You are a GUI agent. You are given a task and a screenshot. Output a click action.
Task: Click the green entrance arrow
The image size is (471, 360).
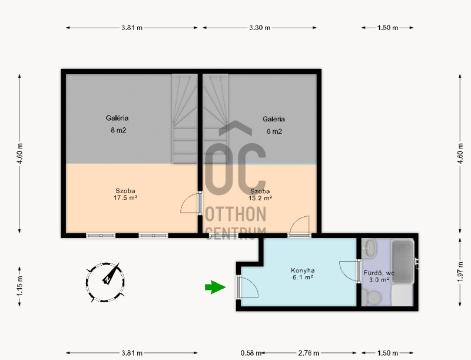[x=215, y=288]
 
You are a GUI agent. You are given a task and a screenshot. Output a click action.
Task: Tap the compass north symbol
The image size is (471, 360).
[x=105, y=282]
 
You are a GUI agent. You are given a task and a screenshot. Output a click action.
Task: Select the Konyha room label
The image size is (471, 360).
[x=303, y=270]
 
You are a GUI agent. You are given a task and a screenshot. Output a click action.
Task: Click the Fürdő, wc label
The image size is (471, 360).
[x=379, y=273]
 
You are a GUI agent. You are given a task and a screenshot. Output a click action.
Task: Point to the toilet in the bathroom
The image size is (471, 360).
[x=372, y=298]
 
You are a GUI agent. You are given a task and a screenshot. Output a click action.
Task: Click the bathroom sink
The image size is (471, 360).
[x=369, y=248]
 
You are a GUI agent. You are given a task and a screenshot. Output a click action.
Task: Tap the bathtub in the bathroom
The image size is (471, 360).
[x=403, y=261]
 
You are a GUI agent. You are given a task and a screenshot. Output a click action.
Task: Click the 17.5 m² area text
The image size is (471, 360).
[x=125, y=198]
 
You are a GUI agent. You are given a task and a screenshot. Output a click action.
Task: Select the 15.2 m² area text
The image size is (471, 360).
[x=260, y=198]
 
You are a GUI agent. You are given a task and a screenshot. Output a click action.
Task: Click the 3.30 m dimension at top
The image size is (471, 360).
[x=260, y=28]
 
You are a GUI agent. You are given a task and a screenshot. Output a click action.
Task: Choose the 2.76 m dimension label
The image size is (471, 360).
[x=309, y=353]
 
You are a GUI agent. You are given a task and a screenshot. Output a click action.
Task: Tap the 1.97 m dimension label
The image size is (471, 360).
[x=460, y=272]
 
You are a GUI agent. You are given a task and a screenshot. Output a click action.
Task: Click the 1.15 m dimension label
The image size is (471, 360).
[x=19, y=286]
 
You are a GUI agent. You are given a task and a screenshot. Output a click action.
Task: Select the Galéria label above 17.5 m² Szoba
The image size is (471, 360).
[x=117, y=118]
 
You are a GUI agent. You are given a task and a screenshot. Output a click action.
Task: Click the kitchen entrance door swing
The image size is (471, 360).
[x=248, y=287]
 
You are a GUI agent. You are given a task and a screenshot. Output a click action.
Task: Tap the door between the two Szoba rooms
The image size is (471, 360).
[x=191, y=203]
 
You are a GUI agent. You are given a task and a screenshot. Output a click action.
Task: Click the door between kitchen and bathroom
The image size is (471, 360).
[x=350, y=272]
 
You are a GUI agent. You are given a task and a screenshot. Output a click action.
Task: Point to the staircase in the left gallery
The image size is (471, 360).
[x=184, y=118]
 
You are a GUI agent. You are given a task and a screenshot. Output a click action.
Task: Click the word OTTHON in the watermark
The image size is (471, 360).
[x=236, y=214]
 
